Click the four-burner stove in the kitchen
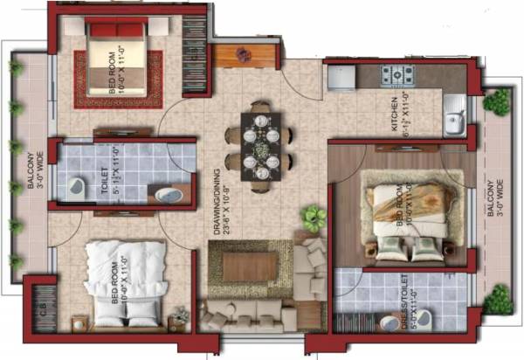[x=396, y=74]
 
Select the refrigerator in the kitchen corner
[x=340, y=75]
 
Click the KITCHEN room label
[x=395, y=116]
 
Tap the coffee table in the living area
[x=252, y=265]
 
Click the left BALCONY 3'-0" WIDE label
[x=30, y=166]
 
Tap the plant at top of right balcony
[x=496, y=101]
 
